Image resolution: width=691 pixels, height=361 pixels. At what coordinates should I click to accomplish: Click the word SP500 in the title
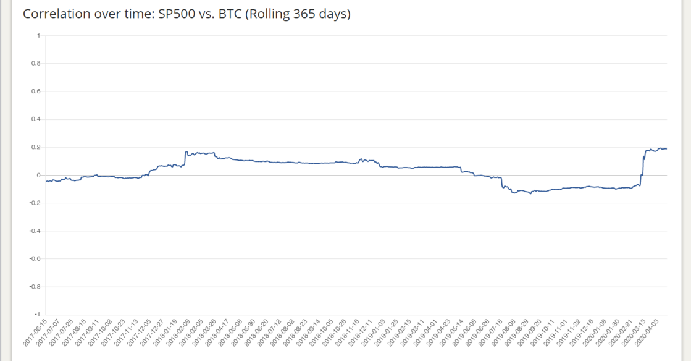tap(177, 14)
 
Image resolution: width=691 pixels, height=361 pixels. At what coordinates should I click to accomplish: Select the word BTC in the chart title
tap(230, 14)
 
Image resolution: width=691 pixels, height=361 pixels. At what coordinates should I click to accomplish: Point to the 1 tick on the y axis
tap(39, 36)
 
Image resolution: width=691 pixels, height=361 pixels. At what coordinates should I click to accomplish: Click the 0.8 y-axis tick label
tap(36, 64)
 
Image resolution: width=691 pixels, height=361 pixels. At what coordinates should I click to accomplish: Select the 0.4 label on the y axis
tap(36, 119)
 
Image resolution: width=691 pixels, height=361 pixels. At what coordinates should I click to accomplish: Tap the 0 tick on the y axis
tap(39, 175)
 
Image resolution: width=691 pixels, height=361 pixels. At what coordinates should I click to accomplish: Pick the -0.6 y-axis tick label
tap(35, 258)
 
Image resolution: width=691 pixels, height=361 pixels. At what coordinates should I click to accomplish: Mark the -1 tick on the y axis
tap(38, 315)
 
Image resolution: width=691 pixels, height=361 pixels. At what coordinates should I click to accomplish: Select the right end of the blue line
tap(666, 149)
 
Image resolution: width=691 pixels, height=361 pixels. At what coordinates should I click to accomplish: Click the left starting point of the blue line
tap(46, 181)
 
